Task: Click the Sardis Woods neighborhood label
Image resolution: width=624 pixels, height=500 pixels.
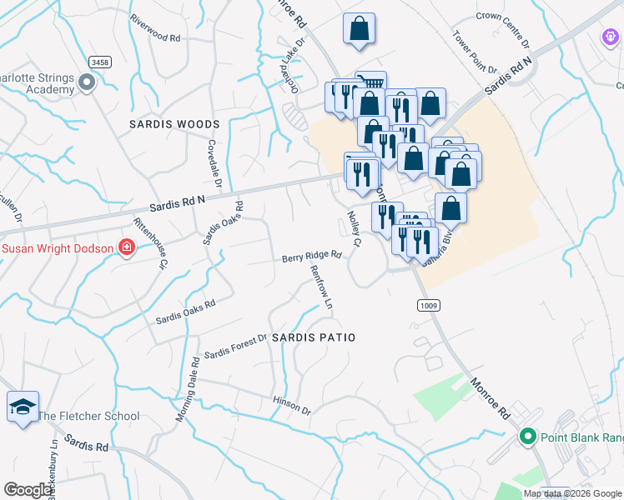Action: (174, 124)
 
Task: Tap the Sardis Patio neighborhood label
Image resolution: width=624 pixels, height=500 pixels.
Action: (314, 337)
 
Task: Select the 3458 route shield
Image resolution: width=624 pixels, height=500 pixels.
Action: (99, 62)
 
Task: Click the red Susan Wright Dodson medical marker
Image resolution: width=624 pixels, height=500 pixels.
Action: (127, 247)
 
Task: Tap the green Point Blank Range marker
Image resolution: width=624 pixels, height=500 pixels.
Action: (526, 436)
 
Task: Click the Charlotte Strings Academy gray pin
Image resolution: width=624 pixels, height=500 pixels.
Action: (86, 82)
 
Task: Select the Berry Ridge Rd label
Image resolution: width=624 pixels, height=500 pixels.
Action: (311, 256)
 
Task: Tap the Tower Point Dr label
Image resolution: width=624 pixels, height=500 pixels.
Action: (474, 52)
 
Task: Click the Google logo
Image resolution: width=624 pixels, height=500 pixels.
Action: (29, 490)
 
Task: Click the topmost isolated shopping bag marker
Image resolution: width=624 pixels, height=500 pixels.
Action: (359, 28)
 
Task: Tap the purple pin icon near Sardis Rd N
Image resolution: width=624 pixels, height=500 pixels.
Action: (609, 37)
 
